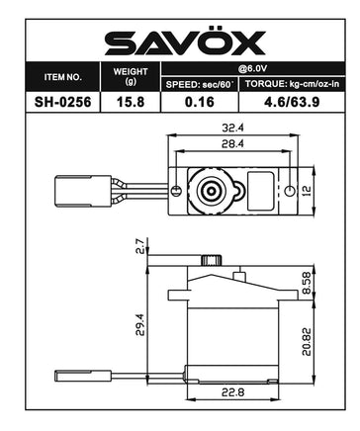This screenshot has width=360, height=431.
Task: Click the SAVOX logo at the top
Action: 180,41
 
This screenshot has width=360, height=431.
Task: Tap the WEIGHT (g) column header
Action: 131,74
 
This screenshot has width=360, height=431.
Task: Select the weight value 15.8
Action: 131,101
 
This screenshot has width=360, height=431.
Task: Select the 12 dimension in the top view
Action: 308,188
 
